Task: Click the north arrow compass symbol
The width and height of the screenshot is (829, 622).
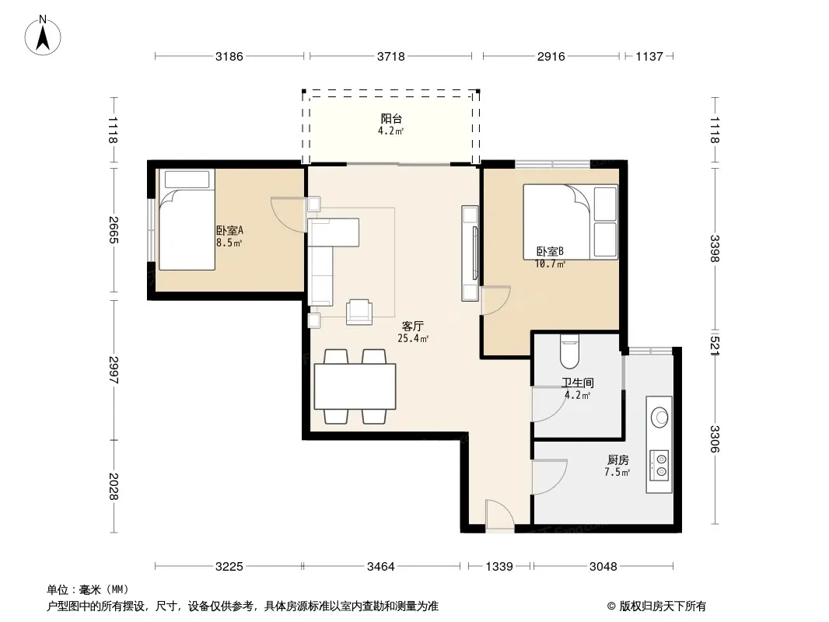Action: [43, 36]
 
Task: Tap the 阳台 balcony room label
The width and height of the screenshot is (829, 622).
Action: [391, 118]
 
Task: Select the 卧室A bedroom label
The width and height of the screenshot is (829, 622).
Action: [229, 230]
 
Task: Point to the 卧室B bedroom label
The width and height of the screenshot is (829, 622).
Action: [550, 252]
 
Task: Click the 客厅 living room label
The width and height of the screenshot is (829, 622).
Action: [412, 326]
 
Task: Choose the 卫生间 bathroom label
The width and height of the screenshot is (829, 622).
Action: [577, 383]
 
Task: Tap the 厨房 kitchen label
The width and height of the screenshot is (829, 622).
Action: [617, 460]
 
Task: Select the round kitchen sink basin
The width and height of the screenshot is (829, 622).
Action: [659, 418]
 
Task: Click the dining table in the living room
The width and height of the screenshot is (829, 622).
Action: [355, 386]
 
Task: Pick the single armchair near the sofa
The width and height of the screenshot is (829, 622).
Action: [359, 312]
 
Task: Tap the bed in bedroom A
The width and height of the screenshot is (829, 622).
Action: [187, 219]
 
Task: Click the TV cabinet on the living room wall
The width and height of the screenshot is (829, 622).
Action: [470, 253]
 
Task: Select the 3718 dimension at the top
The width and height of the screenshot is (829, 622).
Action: [390, 56]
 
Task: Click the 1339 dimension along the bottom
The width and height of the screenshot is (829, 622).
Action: [499, 567]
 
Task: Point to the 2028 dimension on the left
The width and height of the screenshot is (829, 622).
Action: [114, 486]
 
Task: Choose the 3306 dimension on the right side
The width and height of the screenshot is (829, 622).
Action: [715, 439]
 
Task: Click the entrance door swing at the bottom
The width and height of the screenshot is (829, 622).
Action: [499, 514]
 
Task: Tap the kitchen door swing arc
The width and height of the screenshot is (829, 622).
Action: [550, 477]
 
